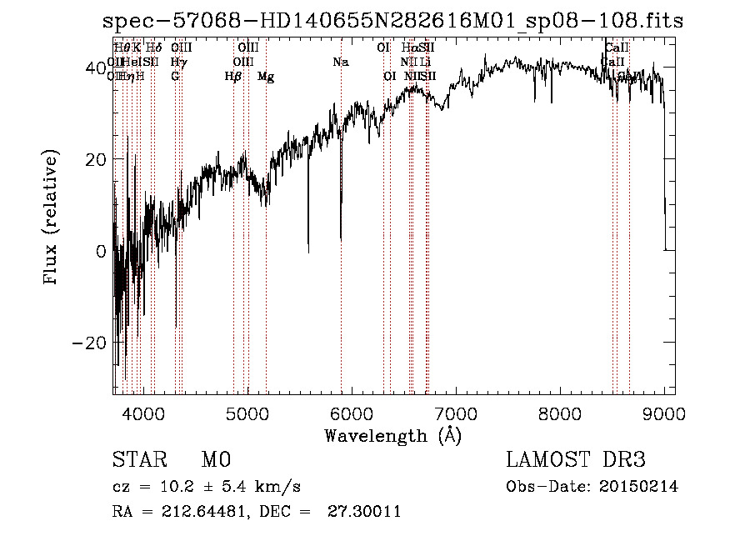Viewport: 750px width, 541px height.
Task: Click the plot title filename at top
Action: click(x=392, y=23)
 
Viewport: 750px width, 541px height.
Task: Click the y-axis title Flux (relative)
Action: click(x=52, y=218)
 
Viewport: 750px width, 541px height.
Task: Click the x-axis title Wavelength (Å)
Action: click(x=392, y=435)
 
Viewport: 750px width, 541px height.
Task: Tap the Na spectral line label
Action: click(x=340, y=63)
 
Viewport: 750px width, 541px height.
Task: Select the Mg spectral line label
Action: click(x=266, y=77)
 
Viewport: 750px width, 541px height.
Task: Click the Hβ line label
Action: click(x=233, y=77)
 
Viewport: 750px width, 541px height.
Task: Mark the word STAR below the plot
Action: click(x=138, y=460)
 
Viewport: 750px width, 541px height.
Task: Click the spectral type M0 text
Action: click(x=216, y=460)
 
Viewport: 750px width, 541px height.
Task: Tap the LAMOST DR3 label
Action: click(x=576, y=460)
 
